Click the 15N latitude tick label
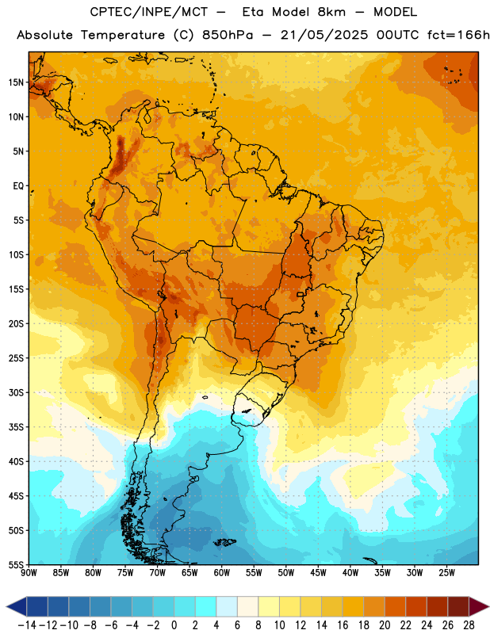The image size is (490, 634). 16,82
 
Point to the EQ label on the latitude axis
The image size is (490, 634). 18,186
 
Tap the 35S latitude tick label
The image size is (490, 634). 16,427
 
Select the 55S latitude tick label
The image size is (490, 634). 16,565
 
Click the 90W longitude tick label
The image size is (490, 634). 29,573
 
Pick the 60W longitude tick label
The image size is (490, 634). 222,573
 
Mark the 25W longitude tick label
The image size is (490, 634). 447,573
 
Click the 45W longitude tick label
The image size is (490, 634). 319,573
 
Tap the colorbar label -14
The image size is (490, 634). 28,625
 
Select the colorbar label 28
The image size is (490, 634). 469,625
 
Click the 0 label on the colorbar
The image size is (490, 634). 174,625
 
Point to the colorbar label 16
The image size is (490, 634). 343,625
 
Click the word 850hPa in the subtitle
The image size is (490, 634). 228,35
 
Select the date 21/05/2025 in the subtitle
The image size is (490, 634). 324,35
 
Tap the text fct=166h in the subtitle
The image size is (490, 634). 458,35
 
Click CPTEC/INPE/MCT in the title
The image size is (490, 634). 149,12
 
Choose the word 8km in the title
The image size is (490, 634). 331,12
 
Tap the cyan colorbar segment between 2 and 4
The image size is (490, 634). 206,606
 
